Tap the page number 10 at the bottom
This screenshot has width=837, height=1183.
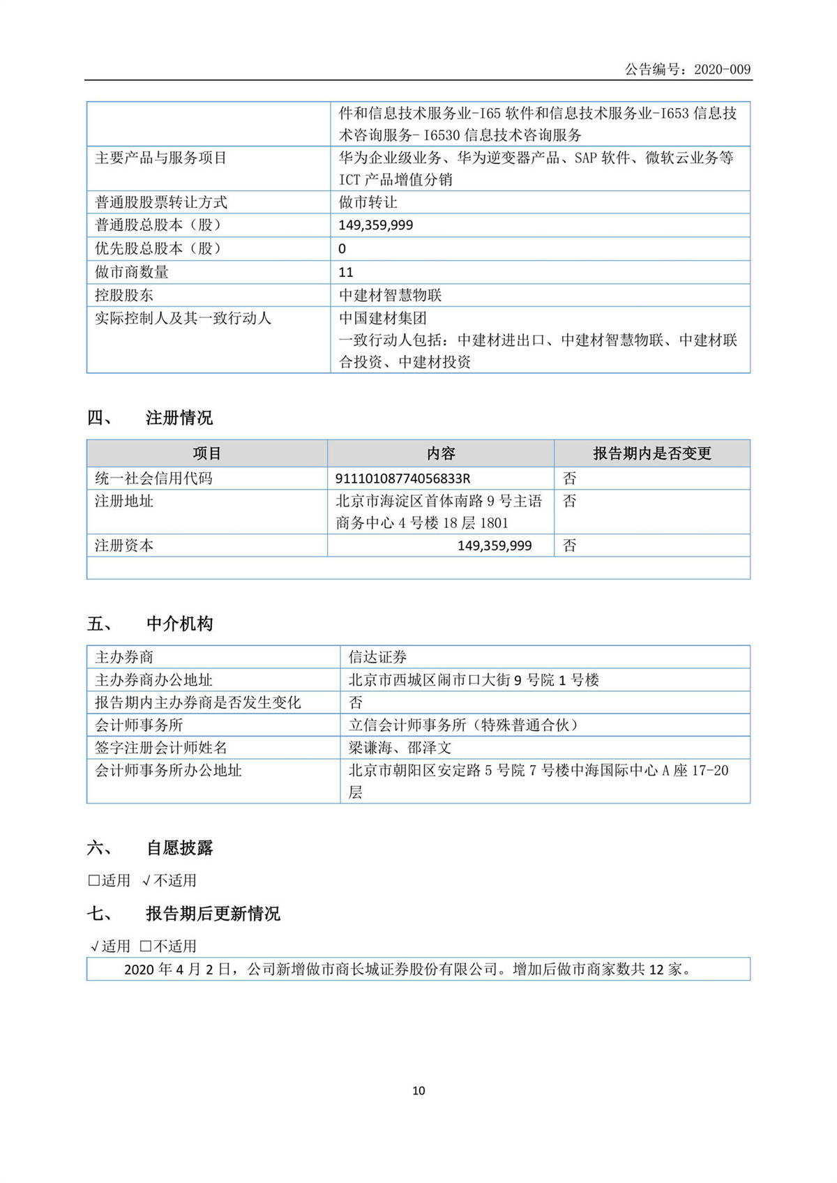click(x=418, y=1090)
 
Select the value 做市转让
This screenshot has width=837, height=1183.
click(x=368, y=202)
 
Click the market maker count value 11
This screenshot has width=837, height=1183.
click(x=346, y=272)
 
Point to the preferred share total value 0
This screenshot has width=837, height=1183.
click(x=342, y=248)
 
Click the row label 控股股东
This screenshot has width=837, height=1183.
click(x=124, y=295)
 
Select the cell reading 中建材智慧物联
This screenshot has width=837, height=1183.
click(x=390, y=295)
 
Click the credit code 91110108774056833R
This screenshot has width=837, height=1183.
click(x=402, y=479)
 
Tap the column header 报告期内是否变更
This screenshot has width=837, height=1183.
click(x=651, y=453)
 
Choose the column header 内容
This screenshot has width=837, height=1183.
click(x=441, y=453)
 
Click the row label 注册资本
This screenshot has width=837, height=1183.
click(x=124, y=545)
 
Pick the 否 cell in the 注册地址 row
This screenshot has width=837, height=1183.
click(x=570, y=502)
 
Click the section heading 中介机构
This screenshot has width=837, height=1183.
click(x=179, y=624)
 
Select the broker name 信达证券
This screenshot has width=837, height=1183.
click(x=377, y=657)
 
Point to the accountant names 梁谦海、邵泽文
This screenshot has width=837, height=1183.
click(x=400, y=748)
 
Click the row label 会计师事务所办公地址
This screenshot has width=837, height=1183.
click(x=168, y=770)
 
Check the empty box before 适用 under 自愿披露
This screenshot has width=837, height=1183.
click(x=93, y=880)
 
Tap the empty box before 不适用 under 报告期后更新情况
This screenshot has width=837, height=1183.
click(x=145, y=947)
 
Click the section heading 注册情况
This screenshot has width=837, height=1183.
click(x=179, y=418)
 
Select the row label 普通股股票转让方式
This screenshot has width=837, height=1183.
click(x=161, y=202)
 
